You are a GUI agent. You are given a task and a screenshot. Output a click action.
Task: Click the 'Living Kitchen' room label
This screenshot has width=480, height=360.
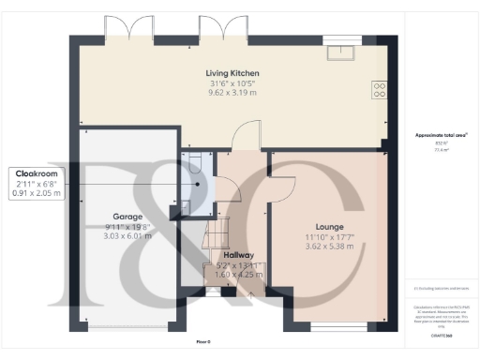[x=232, y=73]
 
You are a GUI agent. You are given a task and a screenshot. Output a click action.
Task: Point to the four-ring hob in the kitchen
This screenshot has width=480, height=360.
[x=380, y=90]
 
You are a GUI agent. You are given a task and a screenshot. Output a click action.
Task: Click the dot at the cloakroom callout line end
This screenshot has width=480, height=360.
[x=198, y=184]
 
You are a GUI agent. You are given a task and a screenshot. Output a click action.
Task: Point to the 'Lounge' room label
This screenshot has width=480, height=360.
[x=329, y=226]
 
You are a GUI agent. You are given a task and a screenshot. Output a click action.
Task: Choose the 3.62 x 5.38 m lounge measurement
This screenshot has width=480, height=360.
[x=329, y=247]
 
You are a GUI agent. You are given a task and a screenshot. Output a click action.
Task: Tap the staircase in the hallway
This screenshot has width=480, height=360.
[x=216, y=230]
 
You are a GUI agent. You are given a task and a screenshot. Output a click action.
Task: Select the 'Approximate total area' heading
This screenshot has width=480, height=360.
[x=441, y=136]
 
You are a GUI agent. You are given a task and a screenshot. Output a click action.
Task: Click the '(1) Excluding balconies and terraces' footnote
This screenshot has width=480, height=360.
[x=440, y=289]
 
